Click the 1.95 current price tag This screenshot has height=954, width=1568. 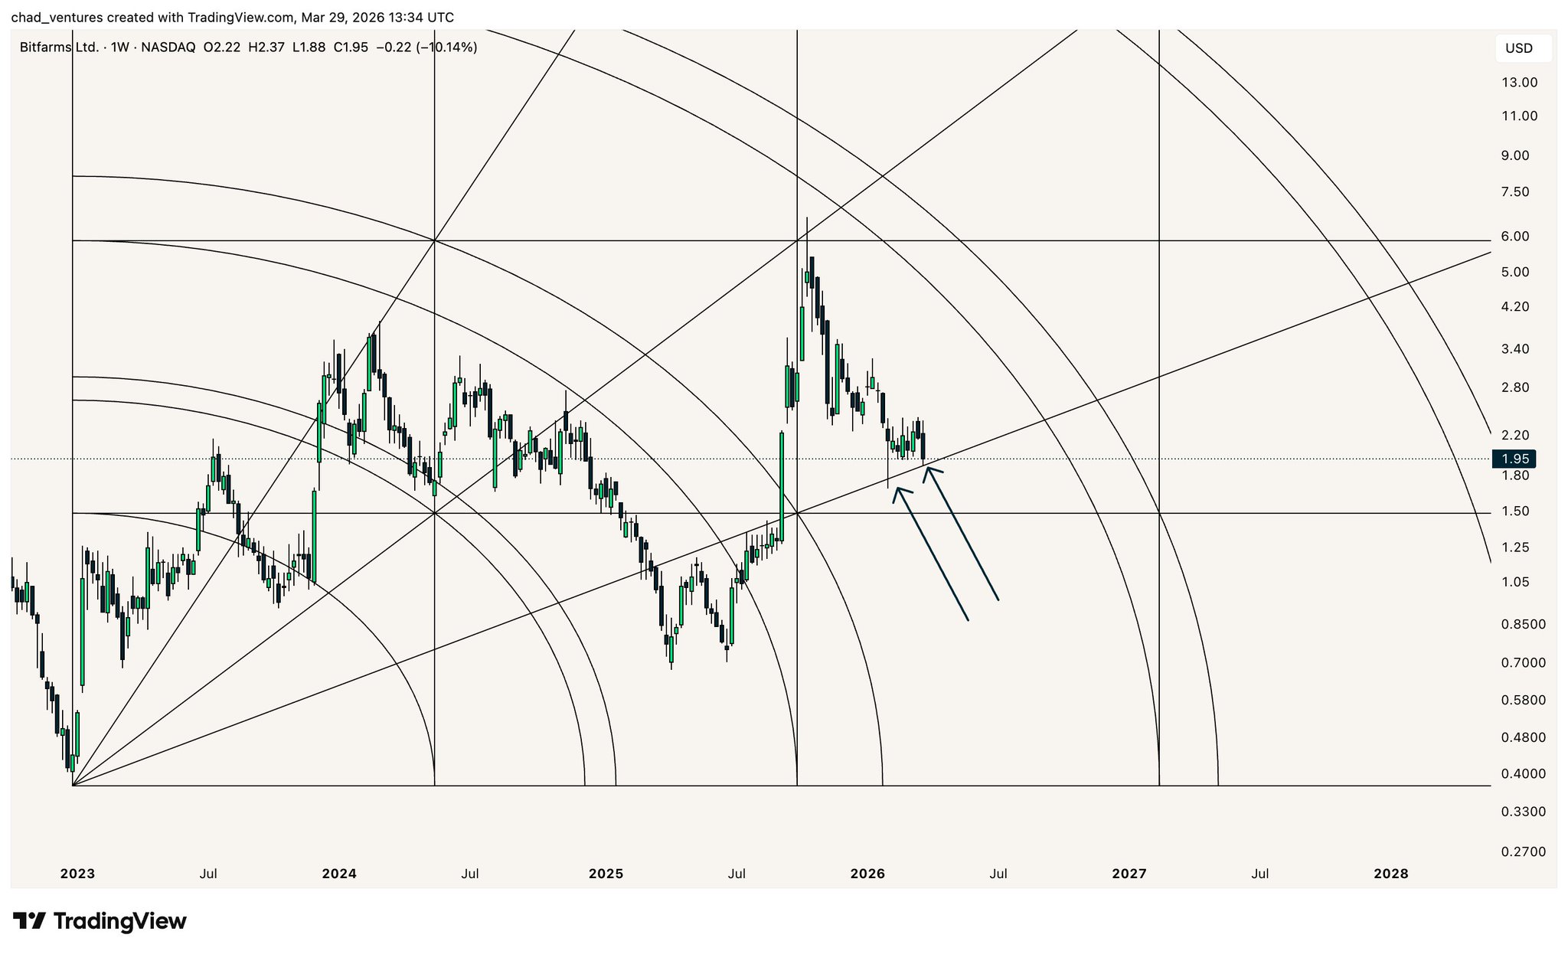tap(1515, 459)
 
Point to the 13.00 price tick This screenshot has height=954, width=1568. tap(1519, 83)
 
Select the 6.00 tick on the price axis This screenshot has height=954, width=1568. tap(1515, 237)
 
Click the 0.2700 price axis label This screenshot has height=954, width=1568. tap(1523, 851)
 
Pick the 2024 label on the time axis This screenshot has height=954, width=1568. tap(339, 874)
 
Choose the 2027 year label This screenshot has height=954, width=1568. tap(1129, 874)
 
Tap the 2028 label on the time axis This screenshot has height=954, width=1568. tap(1390, 874)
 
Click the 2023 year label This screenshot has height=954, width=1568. tap(77, 874)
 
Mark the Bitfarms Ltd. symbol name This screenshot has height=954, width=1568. tap(59, 47)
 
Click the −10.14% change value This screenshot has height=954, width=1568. tap(446, 47)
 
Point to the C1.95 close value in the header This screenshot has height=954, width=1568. tap(351, 47)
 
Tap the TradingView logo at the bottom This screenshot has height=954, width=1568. tap(100, 921)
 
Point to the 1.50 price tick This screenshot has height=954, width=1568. tap(1515, 511)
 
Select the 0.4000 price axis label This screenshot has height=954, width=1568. tap(1523, 774)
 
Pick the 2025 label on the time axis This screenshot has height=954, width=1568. tap(606, 874)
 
